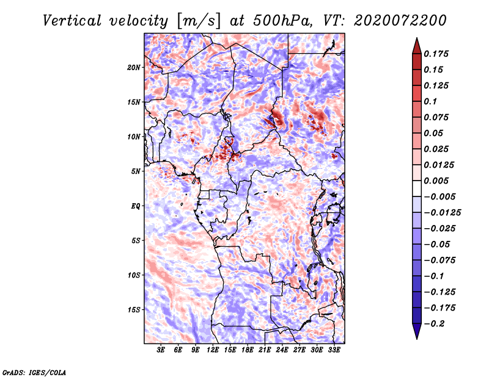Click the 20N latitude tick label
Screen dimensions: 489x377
(x=134, y=68)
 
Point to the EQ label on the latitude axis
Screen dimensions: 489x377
(x=136, y=206)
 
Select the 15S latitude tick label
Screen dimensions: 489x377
(x=134, y=310)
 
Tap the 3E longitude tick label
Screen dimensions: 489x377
(x=161, y=350)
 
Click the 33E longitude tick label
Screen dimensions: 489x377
(x=334, y=350)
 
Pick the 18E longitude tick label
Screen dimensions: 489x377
(x=248, y=350)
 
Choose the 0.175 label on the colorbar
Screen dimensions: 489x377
(x=436, y=54)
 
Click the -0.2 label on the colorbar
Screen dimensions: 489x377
(x=434, y=324)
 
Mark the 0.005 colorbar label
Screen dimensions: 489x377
(x=436, y=181)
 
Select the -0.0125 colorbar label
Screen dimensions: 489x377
(x=442, y=213)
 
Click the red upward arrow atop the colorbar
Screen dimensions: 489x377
(x=417, y=46)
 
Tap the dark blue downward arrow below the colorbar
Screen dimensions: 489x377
(x=417, y=331)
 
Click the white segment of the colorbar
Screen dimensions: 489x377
(x=417, y=188)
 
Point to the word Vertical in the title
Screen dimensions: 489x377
(x=72, y=21)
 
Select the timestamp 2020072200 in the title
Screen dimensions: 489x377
(x=400, y=21)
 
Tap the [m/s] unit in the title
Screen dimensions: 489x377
(x=199, y=21)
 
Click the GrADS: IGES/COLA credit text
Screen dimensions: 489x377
(x=34, y=372)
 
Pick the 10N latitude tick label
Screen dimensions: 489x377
(x=134, y=137)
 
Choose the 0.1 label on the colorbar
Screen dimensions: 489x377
(x=430, y=101)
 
